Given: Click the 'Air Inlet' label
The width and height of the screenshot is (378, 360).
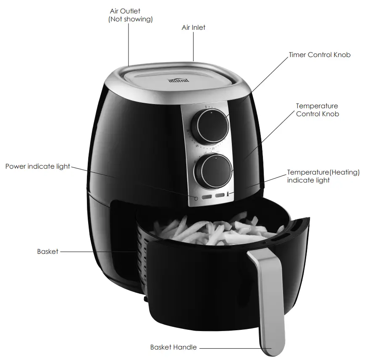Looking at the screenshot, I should pos(193,28).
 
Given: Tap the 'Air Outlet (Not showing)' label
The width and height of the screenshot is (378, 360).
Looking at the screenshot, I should pos(131,15).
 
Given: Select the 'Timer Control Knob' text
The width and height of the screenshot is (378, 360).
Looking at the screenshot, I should pos(319,55).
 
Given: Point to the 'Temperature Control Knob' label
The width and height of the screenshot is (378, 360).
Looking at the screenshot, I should pos(317,110).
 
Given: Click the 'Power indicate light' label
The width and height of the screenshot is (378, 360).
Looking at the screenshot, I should pos(38,167).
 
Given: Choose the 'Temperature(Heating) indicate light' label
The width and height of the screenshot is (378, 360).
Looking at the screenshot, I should pos(323,176).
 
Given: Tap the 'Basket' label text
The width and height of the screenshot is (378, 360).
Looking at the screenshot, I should pos(47,252).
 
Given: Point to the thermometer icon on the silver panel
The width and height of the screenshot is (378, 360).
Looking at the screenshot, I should pos(227,195).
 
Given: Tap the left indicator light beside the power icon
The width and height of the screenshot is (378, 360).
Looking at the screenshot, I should pos(207,196).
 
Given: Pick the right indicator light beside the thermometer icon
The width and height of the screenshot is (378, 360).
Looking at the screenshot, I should pos(219,196).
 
